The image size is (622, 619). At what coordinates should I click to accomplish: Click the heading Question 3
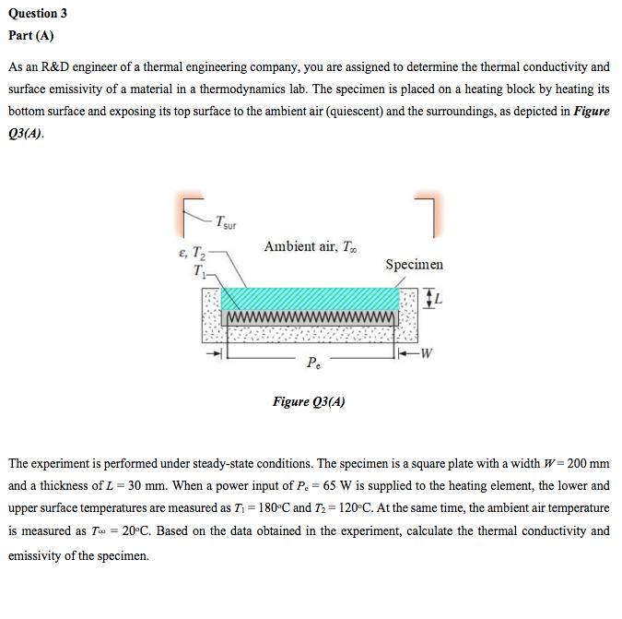click(38, 14)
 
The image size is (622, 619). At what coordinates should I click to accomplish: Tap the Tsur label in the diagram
click(226, 222)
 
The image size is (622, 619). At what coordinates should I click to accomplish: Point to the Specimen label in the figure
click(414, 265)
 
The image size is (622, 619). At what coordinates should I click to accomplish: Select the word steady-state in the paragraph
click(209, 461)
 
